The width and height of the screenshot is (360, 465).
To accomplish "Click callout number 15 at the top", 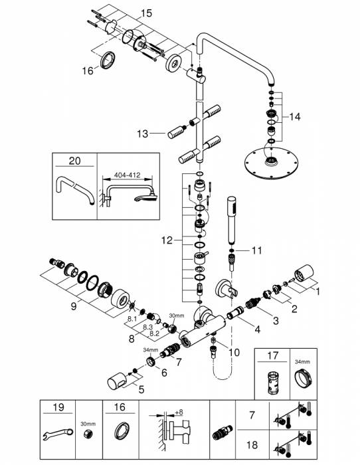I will click(146, 12).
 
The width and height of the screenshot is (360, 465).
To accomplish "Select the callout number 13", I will click(143, 133).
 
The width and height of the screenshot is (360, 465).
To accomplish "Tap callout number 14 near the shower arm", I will click(294, 116).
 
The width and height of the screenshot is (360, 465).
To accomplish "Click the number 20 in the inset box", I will click(74, 159).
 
